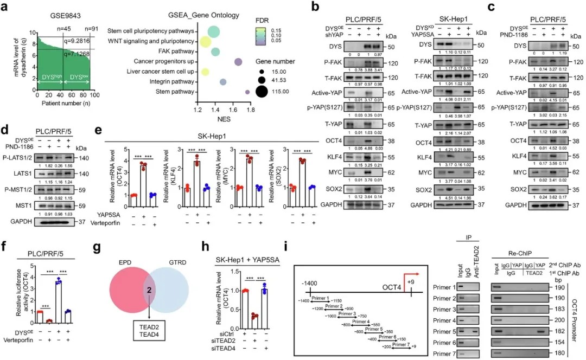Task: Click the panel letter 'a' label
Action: pos(6,8)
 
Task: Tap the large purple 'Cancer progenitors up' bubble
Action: pos(238,63)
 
